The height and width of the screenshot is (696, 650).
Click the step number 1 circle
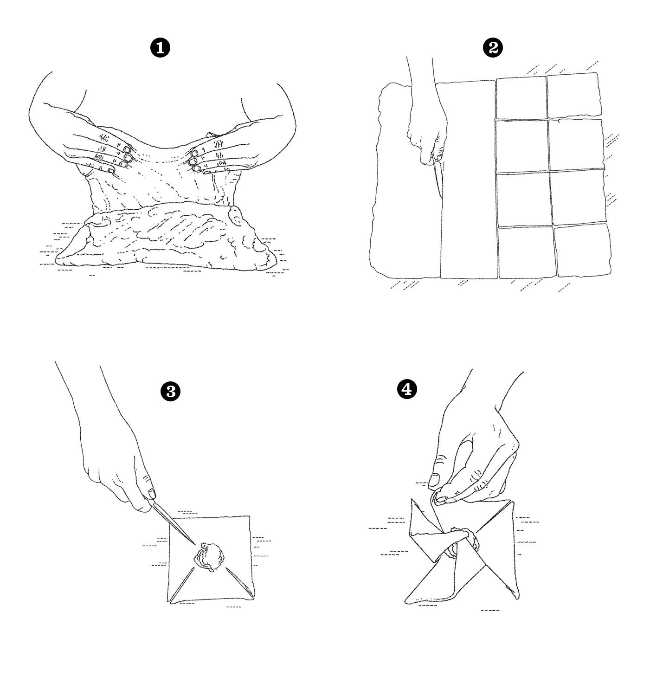coord(160,48)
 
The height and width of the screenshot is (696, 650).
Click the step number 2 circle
coord(492,48)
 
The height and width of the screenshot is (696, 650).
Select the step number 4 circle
coord(407,389)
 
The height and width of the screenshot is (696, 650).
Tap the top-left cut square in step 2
coord(521,98)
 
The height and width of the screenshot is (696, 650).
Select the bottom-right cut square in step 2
coord(582,250)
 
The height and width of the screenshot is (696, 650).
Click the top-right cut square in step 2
coord(573,95)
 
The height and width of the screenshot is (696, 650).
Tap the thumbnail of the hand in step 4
coord(434,479)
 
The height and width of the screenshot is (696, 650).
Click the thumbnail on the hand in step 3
coord(151,494)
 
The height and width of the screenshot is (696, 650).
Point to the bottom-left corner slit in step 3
coord(181,584)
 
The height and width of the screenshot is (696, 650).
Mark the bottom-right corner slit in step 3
coord(240,582)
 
